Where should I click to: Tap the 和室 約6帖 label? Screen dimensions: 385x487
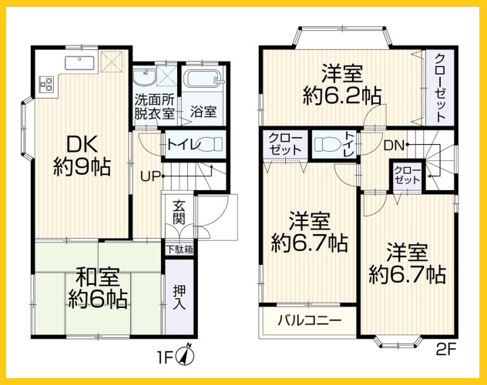coord(97,287)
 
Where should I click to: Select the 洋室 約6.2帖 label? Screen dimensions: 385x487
coord(341,85)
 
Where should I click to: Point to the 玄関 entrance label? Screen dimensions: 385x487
coord(179,213)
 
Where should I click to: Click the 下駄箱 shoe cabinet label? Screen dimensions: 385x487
coord(179,249)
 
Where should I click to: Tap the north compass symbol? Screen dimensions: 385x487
coord(184,356)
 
